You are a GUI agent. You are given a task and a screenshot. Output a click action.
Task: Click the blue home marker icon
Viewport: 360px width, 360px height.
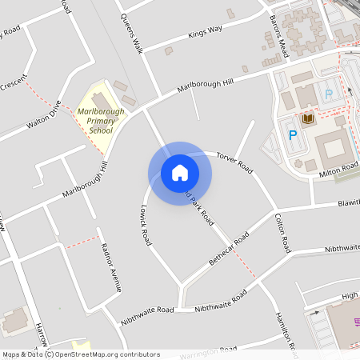(180, 174)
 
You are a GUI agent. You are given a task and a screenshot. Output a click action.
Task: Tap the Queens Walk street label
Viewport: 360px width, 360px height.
(131, 31)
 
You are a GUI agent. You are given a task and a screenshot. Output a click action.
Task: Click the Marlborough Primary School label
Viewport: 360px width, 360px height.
(101, 120)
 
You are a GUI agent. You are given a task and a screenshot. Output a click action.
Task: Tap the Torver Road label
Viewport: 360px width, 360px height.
(234, 162)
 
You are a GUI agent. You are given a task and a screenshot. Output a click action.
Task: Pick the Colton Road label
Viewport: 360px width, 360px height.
(281, 234)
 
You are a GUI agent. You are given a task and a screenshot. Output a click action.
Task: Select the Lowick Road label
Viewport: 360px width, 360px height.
(145, 227)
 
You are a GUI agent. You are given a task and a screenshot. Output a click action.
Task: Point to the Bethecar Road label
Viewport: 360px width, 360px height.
(229, 248)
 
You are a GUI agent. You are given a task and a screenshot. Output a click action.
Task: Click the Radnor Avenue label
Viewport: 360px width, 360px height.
(109, 268)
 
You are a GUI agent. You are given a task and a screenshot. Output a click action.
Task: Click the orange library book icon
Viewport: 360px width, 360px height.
(307, 119)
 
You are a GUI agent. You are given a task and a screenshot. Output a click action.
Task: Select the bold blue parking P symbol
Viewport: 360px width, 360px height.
(292, 136)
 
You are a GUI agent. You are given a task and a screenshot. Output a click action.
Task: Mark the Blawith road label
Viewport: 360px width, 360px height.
(348, 204)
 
